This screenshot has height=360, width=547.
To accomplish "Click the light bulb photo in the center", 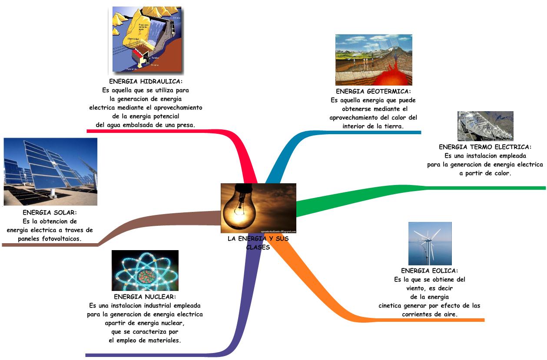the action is pyautogui.click(x=258, y=208).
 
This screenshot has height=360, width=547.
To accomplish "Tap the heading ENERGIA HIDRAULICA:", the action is pyautogui.click(x=146, y=82).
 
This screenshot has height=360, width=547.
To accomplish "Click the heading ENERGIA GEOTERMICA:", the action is pyautogui.click(x=373, y=92).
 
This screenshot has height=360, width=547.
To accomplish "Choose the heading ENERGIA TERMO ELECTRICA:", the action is pyautogui.click(x=485, y=147).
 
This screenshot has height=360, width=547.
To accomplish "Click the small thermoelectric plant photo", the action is pyautogui.click(x=485, y=126).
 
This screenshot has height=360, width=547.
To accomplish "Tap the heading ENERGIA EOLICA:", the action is pyautogui.click(x=429, y=271).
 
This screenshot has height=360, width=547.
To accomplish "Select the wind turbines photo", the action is pyautogui.click(x=430, y=243).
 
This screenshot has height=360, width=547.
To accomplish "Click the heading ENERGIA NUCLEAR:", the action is pyautogui.click(x=145, y=297).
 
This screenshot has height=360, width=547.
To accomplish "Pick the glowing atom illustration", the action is pyautogui.click(x=145, y=270).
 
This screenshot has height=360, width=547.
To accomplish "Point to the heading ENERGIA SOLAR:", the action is pyautogui.click(x=50, y=213).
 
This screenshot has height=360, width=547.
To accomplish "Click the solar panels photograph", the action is pyautogui.click(x=50, y=172).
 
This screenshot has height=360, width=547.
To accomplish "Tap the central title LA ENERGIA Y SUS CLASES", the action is pyautogui.click(x=258, y=243).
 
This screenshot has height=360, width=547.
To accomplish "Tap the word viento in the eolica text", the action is pyautogui.click(x=416, y=288).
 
